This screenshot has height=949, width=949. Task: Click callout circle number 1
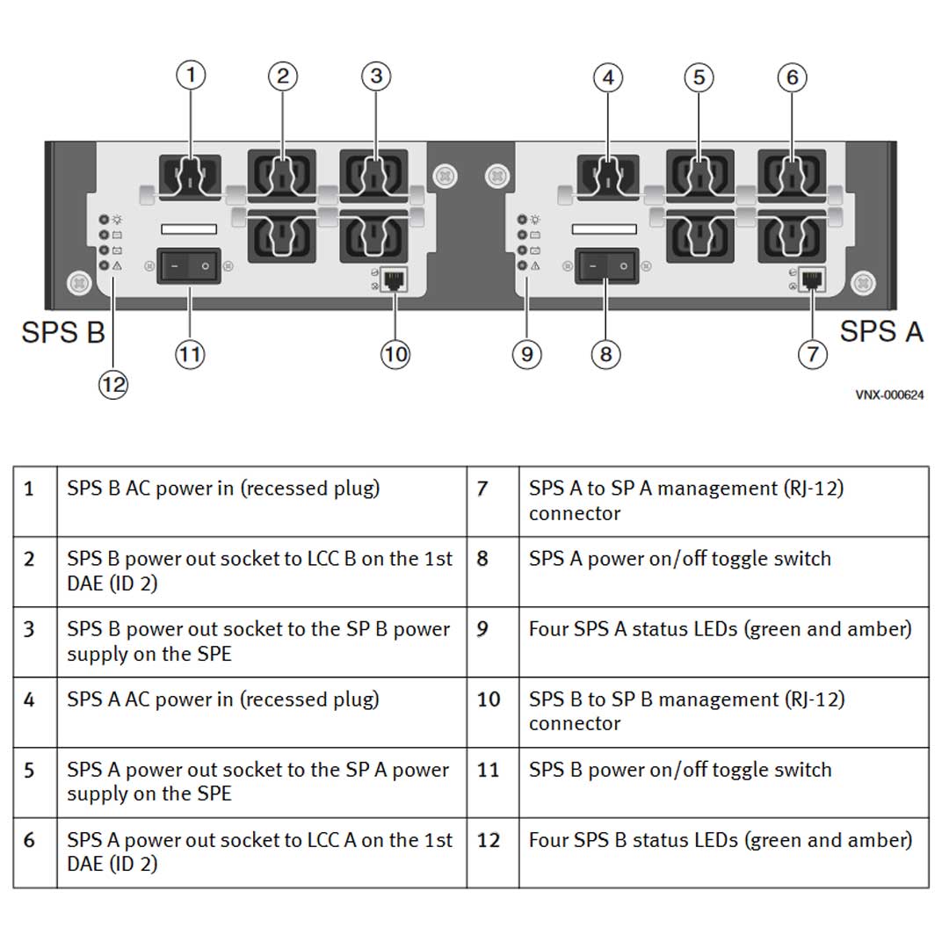(x=191, y=76)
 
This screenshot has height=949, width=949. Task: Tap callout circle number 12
(x=113, y=384)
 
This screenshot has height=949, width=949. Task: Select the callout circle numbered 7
(x=812, y=354)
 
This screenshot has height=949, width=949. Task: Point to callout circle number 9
(x=526, y=354)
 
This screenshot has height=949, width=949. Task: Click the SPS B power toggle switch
(x=189, y=265)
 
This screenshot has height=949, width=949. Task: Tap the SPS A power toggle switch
(x=606, y=265)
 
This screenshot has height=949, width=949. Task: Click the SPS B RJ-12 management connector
(x=392, y=281)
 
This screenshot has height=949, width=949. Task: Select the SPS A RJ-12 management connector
(x=810, y=281)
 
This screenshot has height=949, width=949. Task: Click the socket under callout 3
(x=373, y=172)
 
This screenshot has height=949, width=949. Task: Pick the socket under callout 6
(x=791, y=172)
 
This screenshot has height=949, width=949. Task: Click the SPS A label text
(x=880, y=331)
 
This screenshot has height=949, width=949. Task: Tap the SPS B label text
(x=63, y=333)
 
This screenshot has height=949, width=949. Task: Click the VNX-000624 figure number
(x=889, y=395)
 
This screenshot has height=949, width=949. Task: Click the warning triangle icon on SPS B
(x=118, y=265)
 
